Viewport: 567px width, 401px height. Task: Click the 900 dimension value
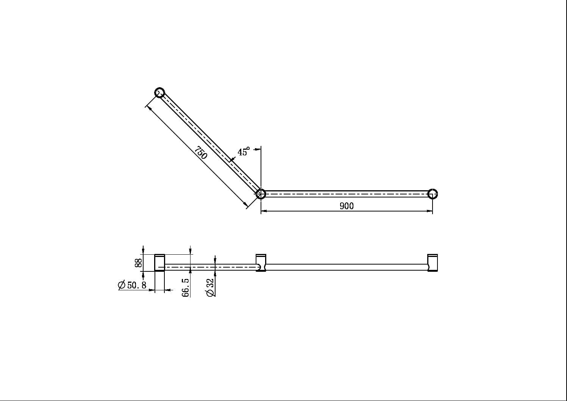click(x=347, y=205)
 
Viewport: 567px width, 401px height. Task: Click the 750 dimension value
click(x=201, y=152)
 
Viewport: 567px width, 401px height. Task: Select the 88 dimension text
click(x=139, y=263)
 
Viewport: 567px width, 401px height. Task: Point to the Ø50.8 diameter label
click(x=133, y=285)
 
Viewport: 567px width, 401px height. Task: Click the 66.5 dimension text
click(x=186, y=287)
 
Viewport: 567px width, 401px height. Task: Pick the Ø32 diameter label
click(x=210, y=287)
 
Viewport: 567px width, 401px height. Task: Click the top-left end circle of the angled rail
click(x=160, y=92)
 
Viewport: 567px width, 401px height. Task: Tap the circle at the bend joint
click(x=261, y=194)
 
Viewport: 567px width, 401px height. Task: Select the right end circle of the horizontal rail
click(x=433, y=194)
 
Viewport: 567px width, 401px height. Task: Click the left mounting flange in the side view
click(x=159, y=263)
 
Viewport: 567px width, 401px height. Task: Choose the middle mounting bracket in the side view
click(x=261, y=262)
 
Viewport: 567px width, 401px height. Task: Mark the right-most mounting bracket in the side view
click(x=433, y=262)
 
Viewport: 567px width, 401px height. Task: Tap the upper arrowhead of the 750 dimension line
click(x=149, y=108)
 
